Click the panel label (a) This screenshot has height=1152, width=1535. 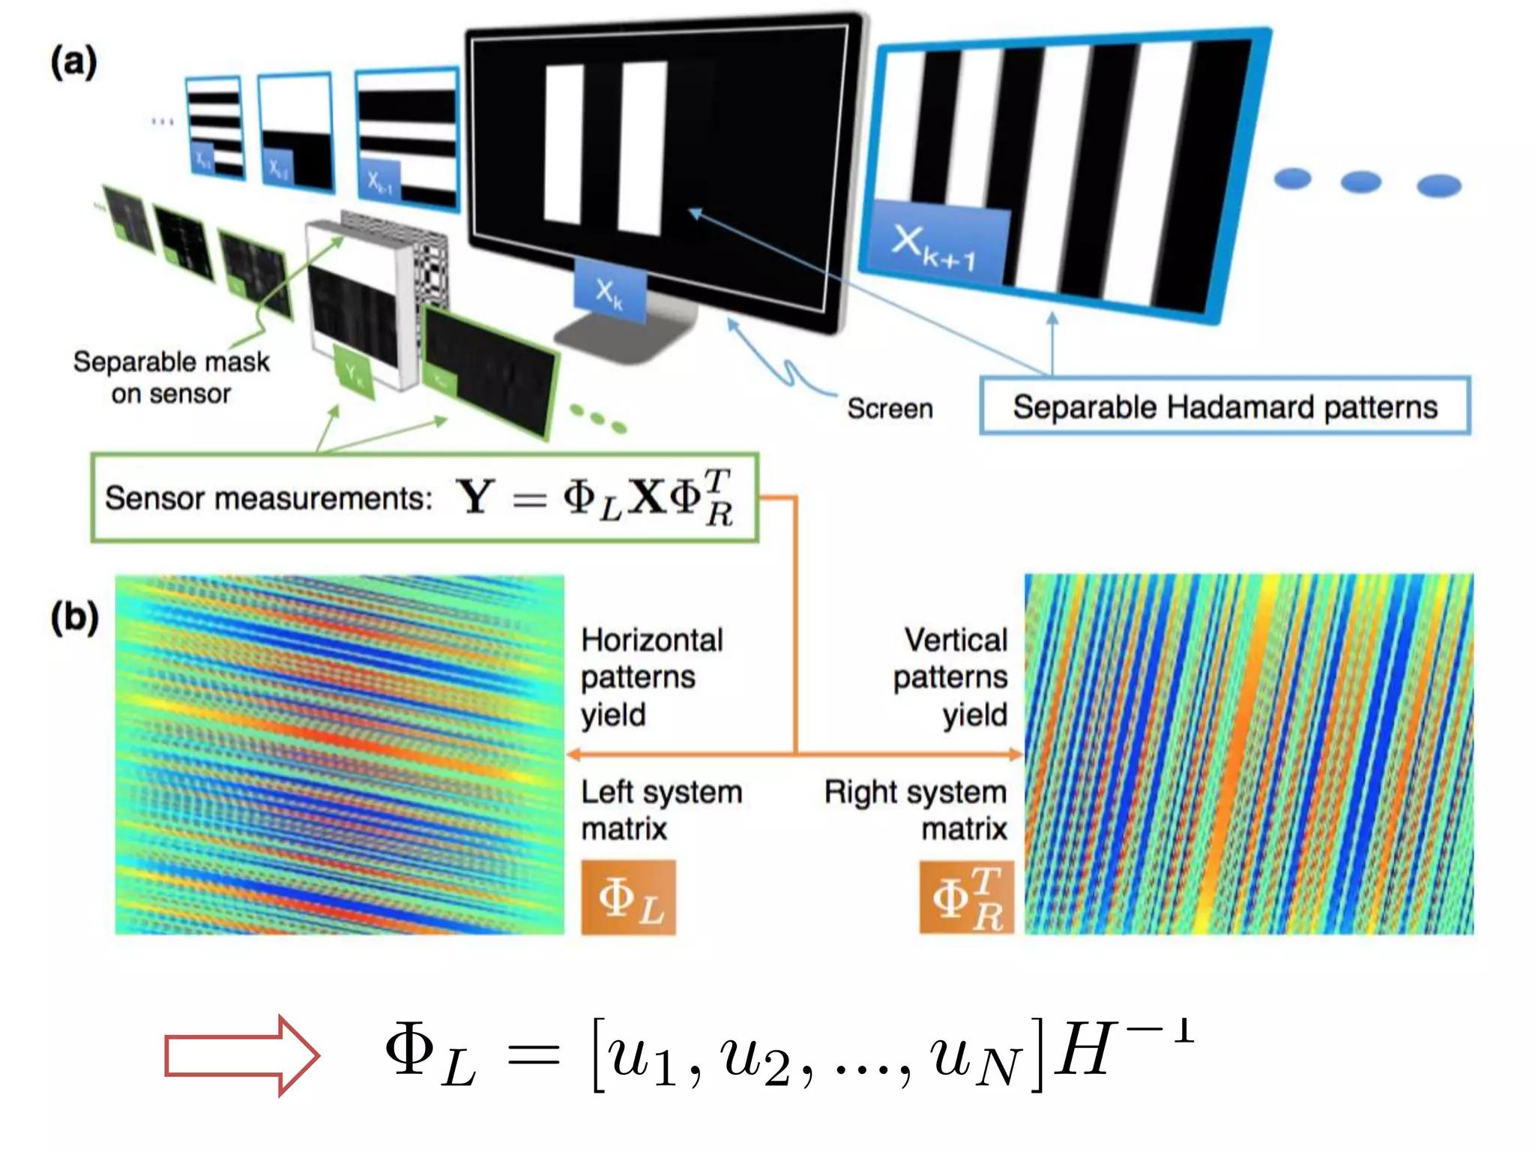[x=73, y=61]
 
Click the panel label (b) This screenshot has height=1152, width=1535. [x=74, y=617]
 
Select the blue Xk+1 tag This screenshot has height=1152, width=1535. [x=934, y=244]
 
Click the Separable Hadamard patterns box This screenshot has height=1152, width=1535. [x=1225, y=406]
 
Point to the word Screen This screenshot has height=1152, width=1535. [x=890, y=408]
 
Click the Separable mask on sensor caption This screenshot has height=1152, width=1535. [x=171, y=377]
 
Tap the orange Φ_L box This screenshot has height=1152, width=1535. [x=628, y=898]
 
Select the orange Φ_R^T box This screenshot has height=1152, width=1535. [x=966, y=898]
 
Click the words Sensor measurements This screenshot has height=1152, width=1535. [x=268, y=498]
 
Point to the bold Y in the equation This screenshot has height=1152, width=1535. [x=475, y=496]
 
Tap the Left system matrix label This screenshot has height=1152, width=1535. [x=660, y=810]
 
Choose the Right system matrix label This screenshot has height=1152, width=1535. [x=916, y=810]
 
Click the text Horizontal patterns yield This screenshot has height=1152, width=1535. [x=651, y=676]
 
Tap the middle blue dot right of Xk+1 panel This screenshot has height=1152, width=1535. [x=1360, y=181]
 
